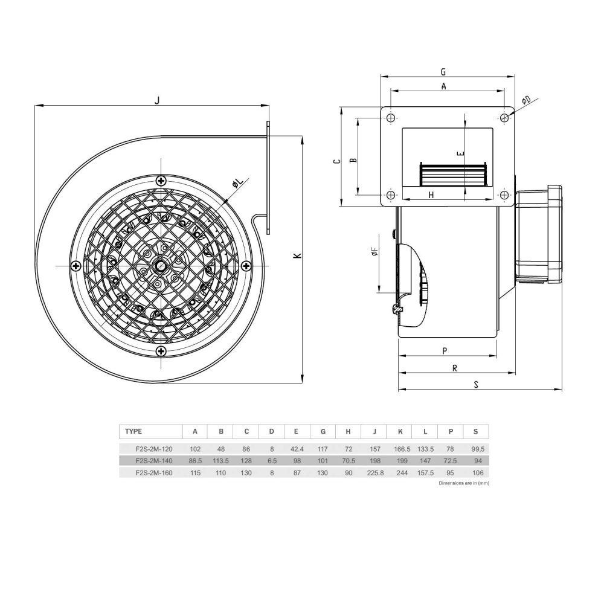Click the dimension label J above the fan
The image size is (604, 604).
157,100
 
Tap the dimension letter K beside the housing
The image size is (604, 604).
297,255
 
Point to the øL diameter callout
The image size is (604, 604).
238,184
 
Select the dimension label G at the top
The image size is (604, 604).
443,72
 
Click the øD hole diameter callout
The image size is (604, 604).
526,100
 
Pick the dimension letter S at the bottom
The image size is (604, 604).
476,384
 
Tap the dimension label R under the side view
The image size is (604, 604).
455,368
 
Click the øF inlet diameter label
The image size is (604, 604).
374,252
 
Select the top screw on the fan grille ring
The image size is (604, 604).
161,180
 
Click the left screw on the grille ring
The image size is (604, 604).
76,266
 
